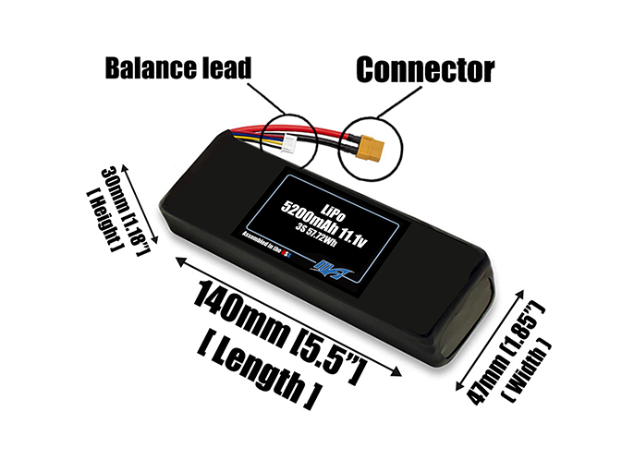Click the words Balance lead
pyautogui.click(x=177, y=69)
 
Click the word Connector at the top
pyautogui.click(x=424, y=69)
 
